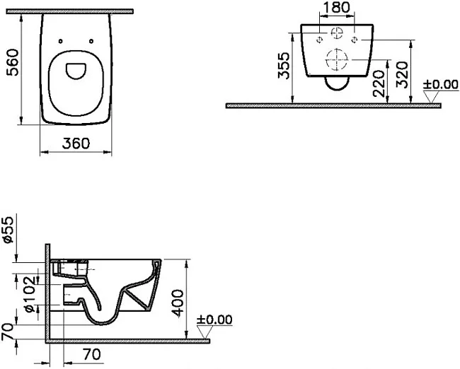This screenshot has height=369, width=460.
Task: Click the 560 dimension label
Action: (13, 63)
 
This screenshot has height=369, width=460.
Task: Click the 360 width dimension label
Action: (76, 143)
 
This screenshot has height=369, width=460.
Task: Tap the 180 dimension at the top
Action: (336, 7)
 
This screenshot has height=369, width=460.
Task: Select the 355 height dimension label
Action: (284, 66)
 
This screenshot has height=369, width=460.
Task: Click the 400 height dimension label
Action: (178, 303)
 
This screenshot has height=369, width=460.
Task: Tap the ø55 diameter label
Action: (8, 230)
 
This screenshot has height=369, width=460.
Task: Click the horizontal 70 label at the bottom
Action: (92, 354)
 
